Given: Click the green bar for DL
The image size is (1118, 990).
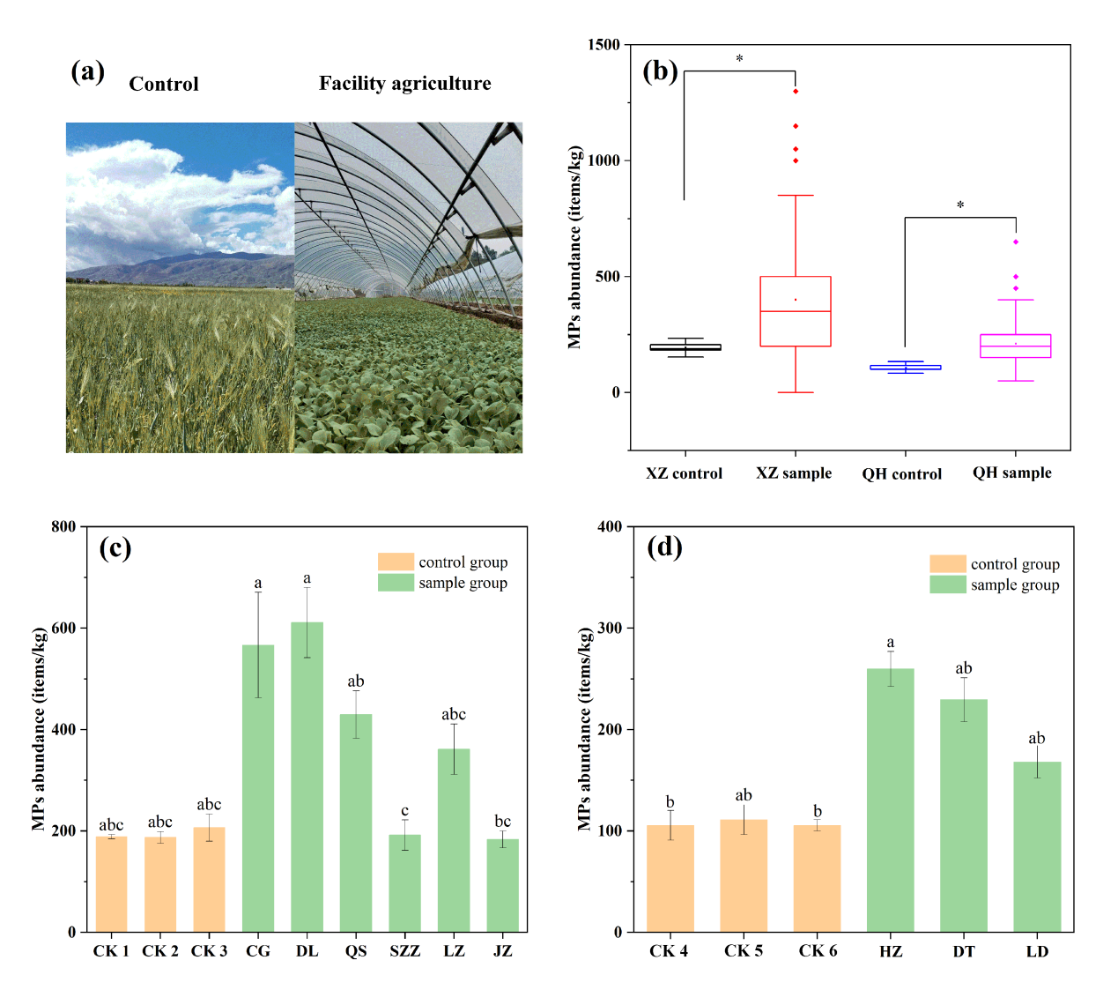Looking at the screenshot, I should click(x=307, y=776).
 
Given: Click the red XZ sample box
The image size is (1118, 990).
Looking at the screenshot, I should click(x=795, y=311).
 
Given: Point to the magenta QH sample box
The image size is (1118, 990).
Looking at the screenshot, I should click(x=1015, y=346).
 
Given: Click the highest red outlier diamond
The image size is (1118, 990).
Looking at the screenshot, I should click(x=796, y=92).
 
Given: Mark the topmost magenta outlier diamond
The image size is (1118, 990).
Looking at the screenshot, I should click(x=1016, y=242).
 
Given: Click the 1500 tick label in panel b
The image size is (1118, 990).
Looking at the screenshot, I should click(x=603, y=45).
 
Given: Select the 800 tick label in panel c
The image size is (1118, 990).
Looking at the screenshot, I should click(x=63, y=527).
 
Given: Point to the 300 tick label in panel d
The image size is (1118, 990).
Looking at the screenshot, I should click(x=610, y=629).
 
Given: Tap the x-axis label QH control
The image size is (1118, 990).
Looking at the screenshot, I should click(x=901, y=474).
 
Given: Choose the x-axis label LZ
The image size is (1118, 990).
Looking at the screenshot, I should click(x=454, y=951).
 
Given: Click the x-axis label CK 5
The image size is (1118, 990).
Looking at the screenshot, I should click(x=744, y=951).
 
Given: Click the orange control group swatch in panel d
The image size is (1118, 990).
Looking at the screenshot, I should click(x=947, y=564).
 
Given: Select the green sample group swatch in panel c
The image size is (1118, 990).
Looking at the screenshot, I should click(x=396, y=583).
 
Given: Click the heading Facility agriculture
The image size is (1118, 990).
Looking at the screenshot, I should click(x=404, y=84).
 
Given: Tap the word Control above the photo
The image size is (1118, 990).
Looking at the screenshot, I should click(x=164, y=85).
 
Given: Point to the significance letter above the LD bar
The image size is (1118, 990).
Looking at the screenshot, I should click(x=1036, y=739).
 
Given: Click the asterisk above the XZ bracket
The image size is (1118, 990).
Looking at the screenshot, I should click(x=739, y=59).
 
